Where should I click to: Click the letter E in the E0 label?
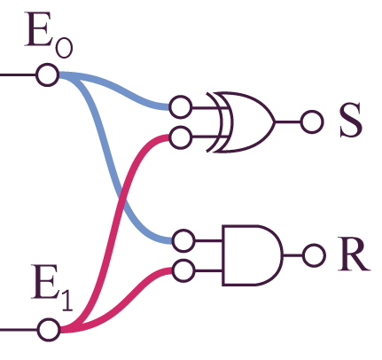pos(38,29)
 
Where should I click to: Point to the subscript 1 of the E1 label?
pos(67,300)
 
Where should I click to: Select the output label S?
pos(351,120)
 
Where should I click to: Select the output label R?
pos(354,254)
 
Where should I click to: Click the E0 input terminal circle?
pos(47,74)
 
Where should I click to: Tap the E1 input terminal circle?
pos(49,330)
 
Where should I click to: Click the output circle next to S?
pos(312,121)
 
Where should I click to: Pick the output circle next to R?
pos(315,255)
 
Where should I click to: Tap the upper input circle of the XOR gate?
pos(181,107)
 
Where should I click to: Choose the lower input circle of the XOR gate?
pos(180,137)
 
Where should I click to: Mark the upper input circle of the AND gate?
pos(183,240)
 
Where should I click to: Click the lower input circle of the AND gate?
pos(183,270)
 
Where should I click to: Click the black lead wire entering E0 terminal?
pos(18,74)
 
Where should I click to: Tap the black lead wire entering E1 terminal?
pos(19,330)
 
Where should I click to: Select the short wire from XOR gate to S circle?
pos(288,121)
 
